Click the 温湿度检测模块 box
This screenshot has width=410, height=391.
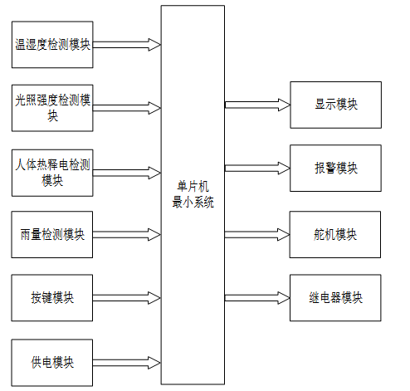click(52, 45)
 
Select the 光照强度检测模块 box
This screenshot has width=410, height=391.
click(52, 108)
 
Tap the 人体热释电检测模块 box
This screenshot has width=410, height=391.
click(52, 173)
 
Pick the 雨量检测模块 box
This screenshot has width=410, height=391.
click(52, 235)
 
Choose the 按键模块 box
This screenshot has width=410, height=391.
click(52, 298)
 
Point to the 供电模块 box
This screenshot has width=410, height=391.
click(52, 363)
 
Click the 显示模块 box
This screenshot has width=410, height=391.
click(336, 105)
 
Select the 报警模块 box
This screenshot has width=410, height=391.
click(335, 168)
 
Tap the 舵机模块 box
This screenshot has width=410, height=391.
click(335, 235)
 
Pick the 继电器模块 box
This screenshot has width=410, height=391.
click(335, 298)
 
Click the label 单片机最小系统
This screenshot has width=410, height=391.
click(193, 194)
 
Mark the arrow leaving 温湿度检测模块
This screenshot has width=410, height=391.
click(127, 45)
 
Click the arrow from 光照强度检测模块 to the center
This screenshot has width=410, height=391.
click(127, 108)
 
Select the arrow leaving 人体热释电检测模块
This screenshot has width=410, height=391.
click(127, 173)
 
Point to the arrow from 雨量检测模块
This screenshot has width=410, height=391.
click(127, 235)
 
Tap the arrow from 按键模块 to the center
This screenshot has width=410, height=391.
click(127, 298)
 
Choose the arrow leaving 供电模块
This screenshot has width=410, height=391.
click(127, 363)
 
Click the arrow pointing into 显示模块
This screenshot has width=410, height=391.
click(257, 105)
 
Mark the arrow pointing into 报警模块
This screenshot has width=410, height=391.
click(257, 168)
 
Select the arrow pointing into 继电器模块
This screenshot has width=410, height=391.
click(257, 298)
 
